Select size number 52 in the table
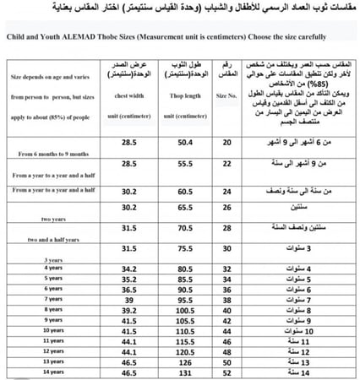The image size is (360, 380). [226, 371]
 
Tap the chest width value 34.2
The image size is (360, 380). [129, 269]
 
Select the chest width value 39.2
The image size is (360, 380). [129, 310]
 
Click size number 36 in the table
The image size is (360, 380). [226, 289]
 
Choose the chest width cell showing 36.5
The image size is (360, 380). [129, 289]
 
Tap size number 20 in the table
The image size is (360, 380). [226, 144]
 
